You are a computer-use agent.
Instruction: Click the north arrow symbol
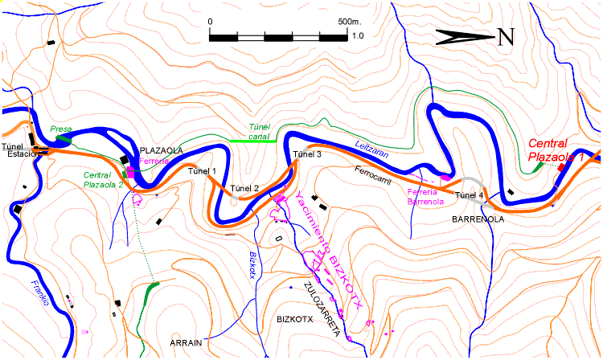click(464, 35)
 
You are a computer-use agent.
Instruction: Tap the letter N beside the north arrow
click(505, 36)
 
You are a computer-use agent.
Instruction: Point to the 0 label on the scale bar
click(210, 22)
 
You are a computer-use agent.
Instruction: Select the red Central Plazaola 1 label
click(556, 150)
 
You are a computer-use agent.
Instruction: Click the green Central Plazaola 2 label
click(102, 179)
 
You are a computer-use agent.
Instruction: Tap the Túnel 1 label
click(202, 171)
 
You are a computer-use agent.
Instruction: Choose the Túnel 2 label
click(244, 189)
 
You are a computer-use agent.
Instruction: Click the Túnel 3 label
click(307, 153)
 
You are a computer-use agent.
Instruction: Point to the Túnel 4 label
click(470, 195)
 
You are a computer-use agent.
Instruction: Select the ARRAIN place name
click(186, 342)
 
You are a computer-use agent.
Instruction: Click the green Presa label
click(61, 128)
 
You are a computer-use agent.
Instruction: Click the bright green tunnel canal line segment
click(253, 141)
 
